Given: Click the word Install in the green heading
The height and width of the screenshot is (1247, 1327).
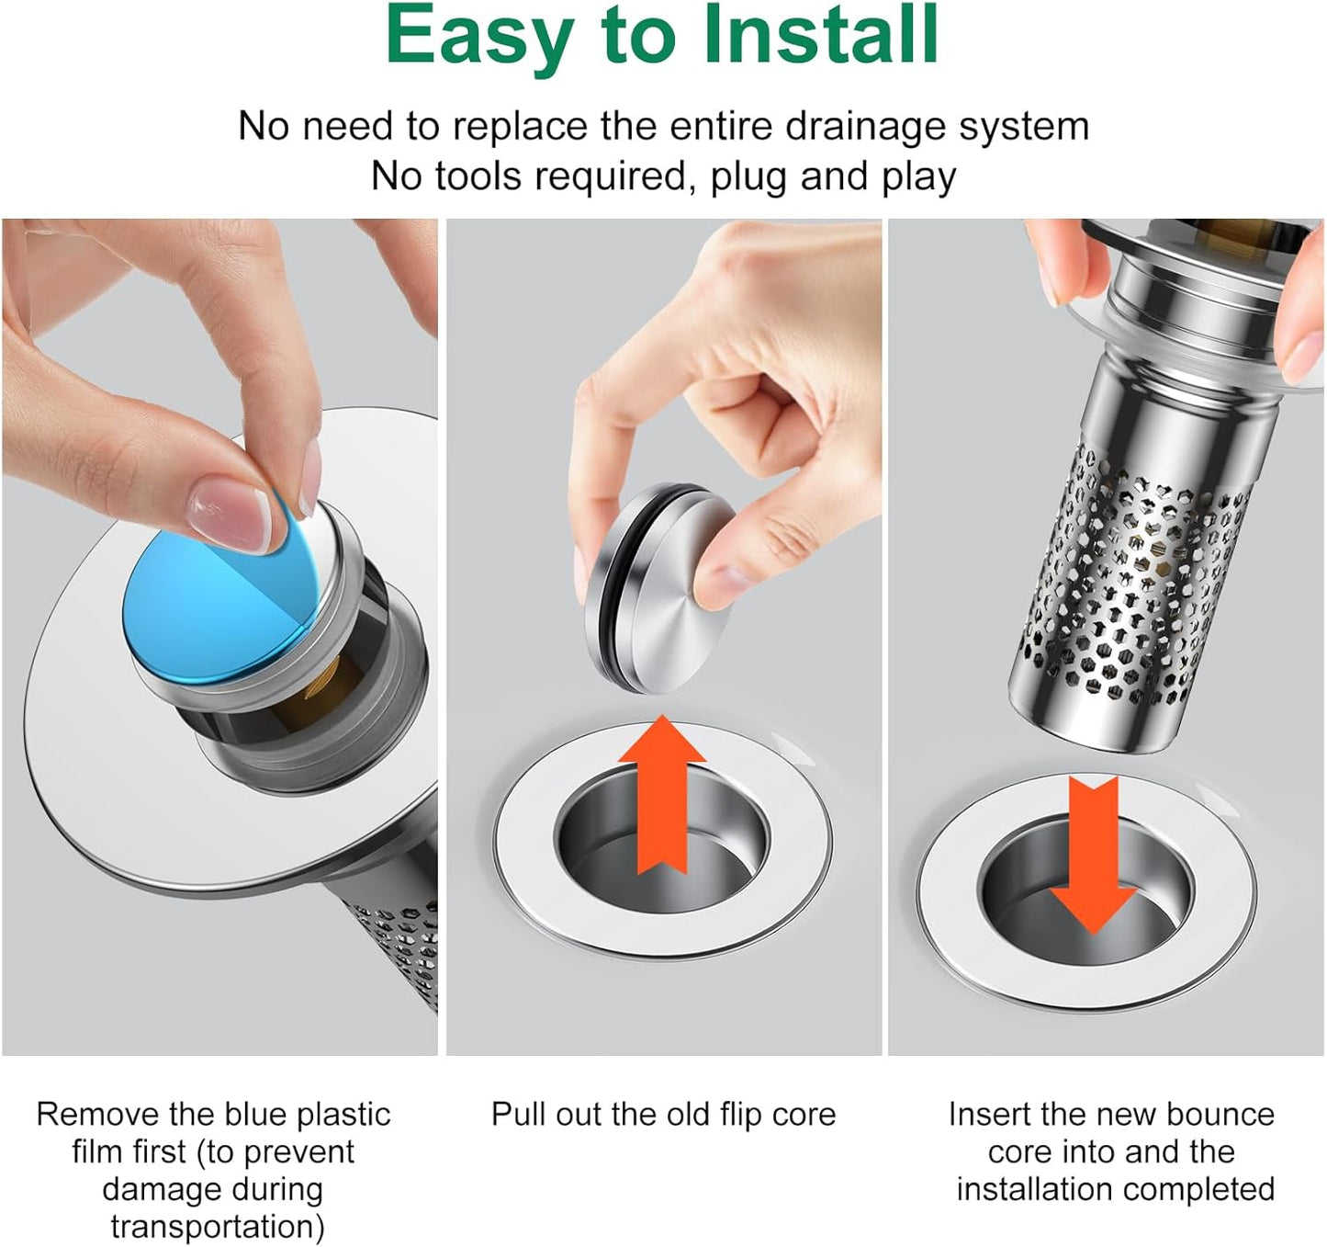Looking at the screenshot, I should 820,35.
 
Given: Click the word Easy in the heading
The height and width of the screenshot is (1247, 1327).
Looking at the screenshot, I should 478,37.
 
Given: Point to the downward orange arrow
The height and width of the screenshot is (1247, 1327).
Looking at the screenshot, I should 1093,855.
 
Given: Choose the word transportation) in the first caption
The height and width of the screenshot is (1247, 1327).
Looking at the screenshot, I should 218,1227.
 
